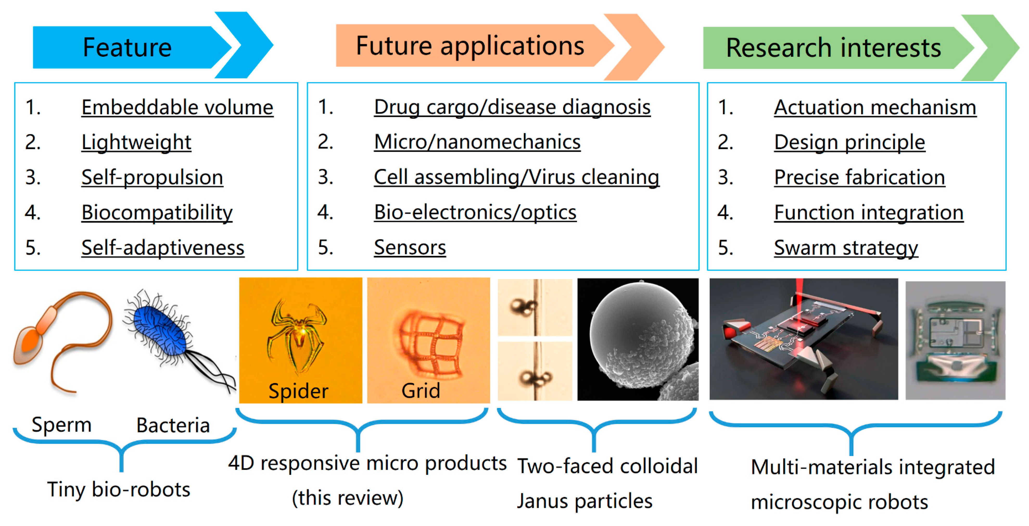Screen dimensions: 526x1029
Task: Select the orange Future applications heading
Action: (470, 46)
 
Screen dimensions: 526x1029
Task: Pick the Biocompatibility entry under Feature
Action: (157, 212)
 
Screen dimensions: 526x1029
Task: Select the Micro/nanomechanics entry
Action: (477, 142)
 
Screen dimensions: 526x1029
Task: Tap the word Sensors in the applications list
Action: (410, 247)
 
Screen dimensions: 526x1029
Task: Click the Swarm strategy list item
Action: (846, 248)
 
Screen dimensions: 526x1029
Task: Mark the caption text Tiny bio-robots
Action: (119, 489)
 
